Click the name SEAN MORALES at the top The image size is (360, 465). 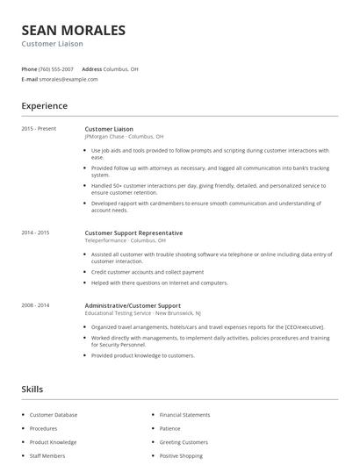coord(74,31)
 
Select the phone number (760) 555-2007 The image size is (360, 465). coord(57,68)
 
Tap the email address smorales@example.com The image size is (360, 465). coord(68,79)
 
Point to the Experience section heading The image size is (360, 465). coord(45,106)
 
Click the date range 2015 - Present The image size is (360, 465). coord(40,129)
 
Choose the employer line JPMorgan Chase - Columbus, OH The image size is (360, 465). coord(124,137)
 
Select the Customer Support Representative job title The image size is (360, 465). coord(133,232)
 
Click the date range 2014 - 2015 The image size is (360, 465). coord(36,232)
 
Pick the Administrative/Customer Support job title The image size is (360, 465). coord(133,304)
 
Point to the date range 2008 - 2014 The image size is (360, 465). coord(36,304)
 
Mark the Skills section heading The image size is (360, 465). coord(32,388)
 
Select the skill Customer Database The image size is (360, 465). coord(54,415)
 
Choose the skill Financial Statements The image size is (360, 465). coord(184,415)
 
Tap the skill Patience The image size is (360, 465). coord(170,428)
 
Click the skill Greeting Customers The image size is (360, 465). coord(184,442)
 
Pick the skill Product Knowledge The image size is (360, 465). coord(54,442)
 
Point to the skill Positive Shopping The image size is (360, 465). coord(181,456)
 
